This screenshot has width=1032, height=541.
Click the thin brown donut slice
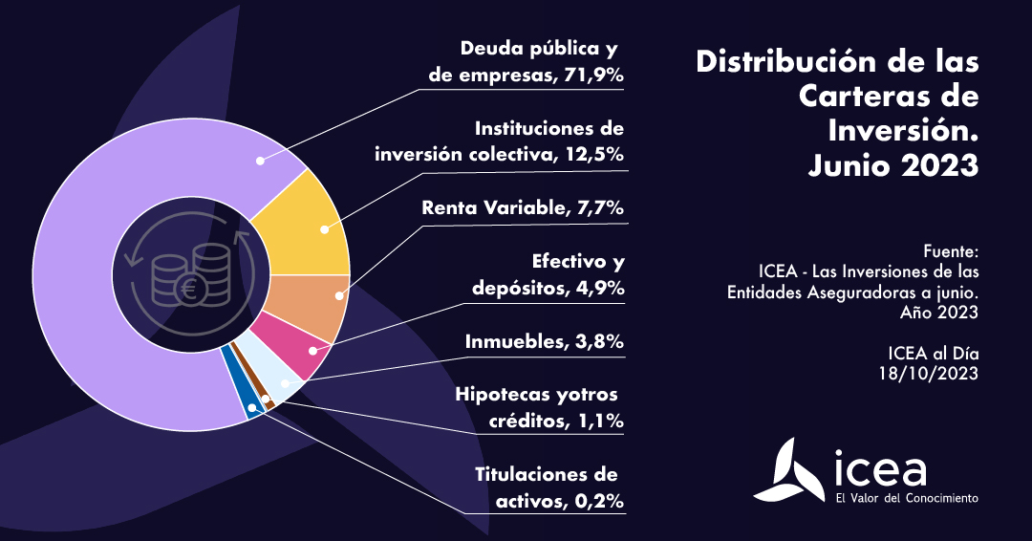click(267, 399)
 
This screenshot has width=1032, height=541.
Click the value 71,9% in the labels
click(592, 75)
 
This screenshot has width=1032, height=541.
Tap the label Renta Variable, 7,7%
click(523, 207)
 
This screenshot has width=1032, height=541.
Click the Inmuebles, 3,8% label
click(544, 341)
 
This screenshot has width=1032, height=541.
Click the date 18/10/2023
click(928, 373)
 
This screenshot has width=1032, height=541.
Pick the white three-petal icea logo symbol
click(790, 470)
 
